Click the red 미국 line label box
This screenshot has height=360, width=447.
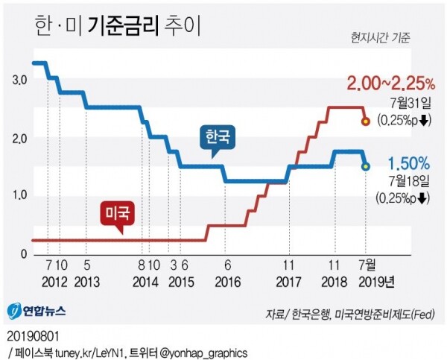[117, 214]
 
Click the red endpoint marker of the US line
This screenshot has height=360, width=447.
[365, 121]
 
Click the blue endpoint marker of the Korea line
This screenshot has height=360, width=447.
[365, 166]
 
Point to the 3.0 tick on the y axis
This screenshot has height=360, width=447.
[19, 80]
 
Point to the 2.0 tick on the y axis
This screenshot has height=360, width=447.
[19, 139]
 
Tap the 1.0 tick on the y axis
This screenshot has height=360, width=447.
[19, 196]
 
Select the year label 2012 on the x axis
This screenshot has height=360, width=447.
[55, 282]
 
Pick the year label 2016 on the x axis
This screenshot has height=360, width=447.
[227, 282]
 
